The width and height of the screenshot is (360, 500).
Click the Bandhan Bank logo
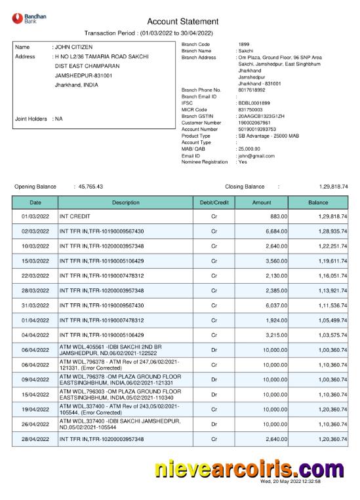point(26,19)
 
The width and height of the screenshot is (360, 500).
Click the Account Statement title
point(180,22)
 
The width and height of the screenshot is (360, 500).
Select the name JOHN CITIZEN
point(73,47)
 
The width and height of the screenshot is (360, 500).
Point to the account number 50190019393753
point(257,129)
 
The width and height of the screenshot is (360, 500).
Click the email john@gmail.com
point(256,156)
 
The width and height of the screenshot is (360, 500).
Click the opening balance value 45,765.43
point(90,187)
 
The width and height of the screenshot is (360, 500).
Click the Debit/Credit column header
point(213,203)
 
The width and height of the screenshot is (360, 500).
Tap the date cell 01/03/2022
point(35,216)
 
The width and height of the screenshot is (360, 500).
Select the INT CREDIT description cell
point(74,216)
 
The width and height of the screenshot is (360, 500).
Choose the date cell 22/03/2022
point(35,276)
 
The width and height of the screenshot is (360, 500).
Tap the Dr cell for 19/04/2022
point(213,409)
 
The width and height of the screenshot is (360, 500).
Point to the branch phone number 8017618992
point(250,90)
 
